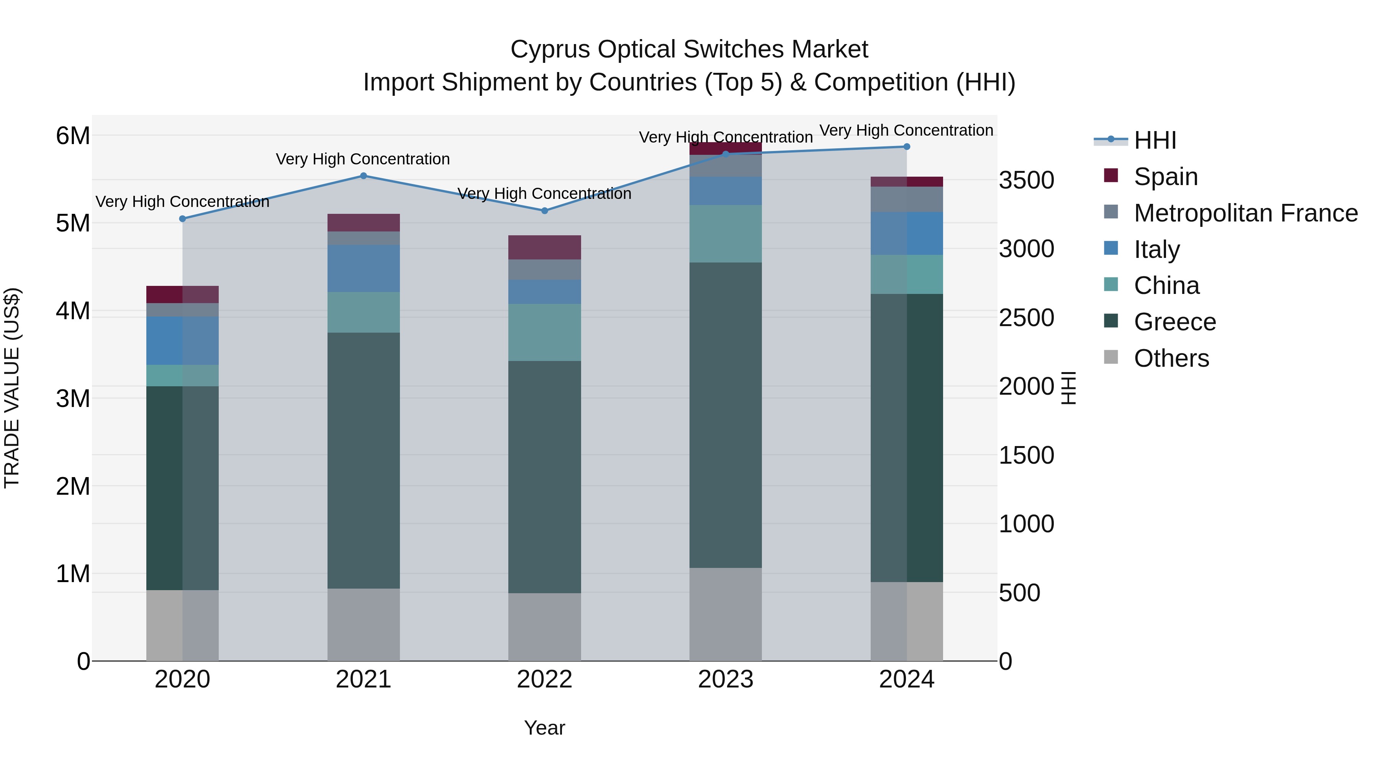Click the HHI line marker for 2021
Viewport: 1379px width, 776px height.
coord(364,176)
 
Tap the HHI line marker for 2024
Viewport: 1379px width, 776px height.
coord(907,147)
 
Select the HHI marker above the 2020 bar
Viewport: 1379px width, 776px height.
coord(183,218)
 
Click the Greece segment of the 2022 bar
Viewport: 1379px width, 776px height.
coord(544,477)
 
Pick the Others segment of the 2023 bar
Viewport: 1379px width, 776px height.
coord(726,614)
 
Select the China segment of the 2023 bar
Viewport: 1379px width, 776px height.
coord(726,233)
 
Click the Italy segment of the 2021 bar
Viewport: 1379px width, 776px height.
coord(364,268)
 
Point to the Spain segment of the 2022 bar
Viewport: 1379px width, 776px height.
coord(544,248)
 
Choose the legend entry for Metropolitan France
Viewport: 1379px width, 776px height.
coord(1245,213)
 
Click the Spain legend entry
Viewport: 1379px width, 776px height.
coord(1165,177)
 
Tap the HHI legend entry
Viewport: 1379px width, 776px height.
coord(1155,140)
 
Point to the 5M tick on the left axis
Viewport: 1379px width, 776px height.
coord(73,223)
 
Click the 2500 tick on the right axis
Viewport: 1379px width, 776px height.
coord(1026,318)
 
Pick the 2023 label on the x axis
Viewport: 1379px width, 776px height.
coord(726,679)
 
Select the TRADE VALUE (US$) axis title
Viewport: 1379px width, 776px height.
coord(12,388)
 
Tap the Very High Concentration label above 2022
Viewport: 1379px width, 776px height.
coord(544,194)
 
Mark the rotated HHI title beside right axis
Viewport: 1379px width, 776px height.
coord(1068,388)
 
